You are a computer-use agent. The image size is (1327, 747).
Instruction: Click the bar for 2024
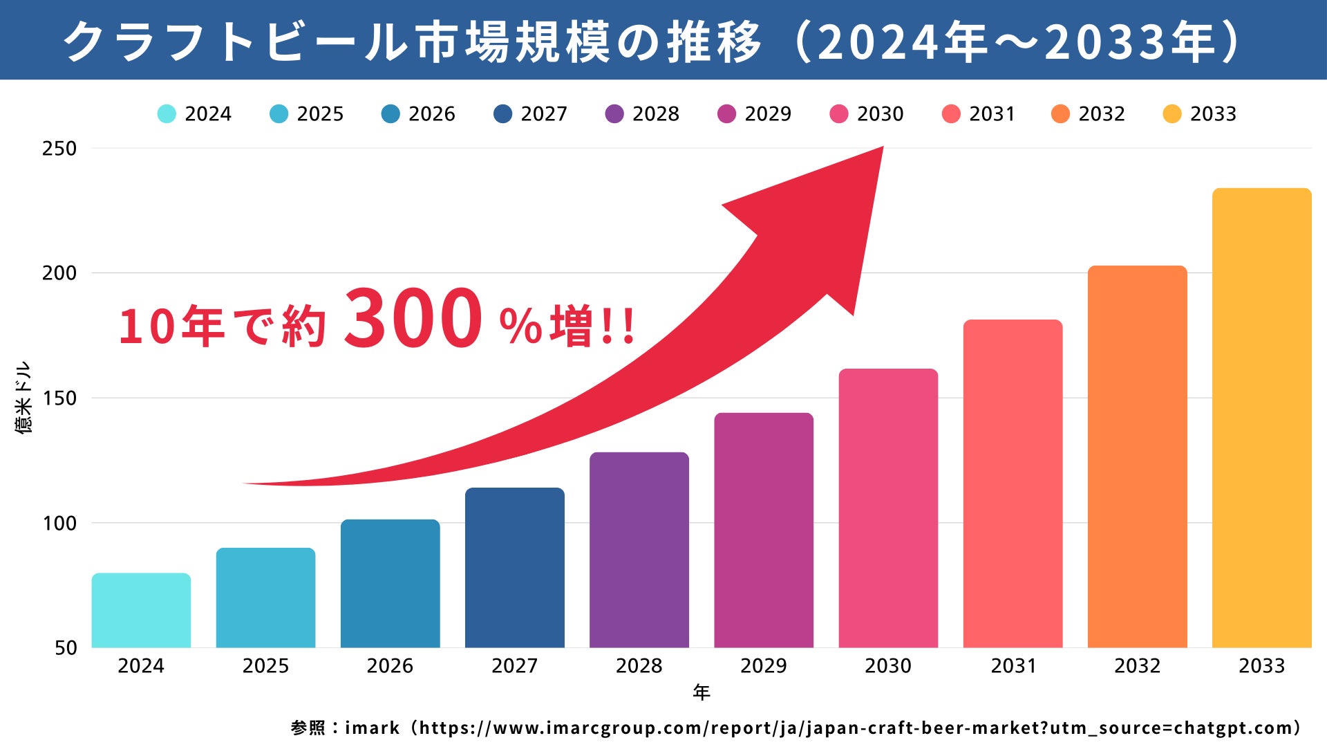[x=141, y=611]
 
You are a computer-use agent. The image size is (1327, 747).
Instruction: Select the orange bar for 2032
[x=1137, y=456]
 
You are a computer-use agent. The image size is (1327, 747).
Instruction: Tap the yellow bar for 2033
[x=1261, y=418]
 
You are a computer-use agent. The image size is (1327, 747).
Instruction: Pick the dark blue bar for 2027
[x=514, y=568]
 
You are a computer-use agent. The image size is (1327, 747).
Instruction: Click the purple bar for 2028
[x=639, y=550]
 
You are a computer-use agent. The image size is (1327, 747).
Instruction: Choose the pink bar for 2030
[x=888, y=508]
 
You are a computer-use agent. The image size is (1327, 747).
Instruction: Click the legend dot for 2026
[x=390, y=114]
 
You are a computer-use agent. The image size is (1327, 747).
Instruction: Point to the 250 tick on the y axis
[x=59, y=149]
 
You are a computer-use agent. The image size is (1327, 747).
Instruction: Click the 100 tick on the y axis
[x=59, y=524]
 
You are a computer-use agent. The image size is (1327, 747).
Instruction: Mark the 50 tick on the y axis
[x=66, y=648]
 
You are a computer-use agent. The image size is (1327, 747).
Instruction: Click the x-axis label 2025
[x=265, y=666]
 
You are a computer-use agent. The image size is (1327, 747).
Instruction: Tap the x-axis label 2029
[x=763, y=666]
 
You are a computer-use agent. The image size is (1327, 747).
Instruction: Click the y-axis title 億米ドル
[x=23, y=398]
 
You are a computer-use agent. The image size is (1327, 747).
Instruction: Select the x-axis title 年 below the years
[x=702, y=692]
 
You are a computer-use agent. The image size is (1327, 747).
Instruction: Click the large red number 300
[x=413, y=319]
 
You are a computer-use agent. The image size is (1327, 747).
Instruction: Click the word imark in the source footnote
[x=372, y=728]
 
